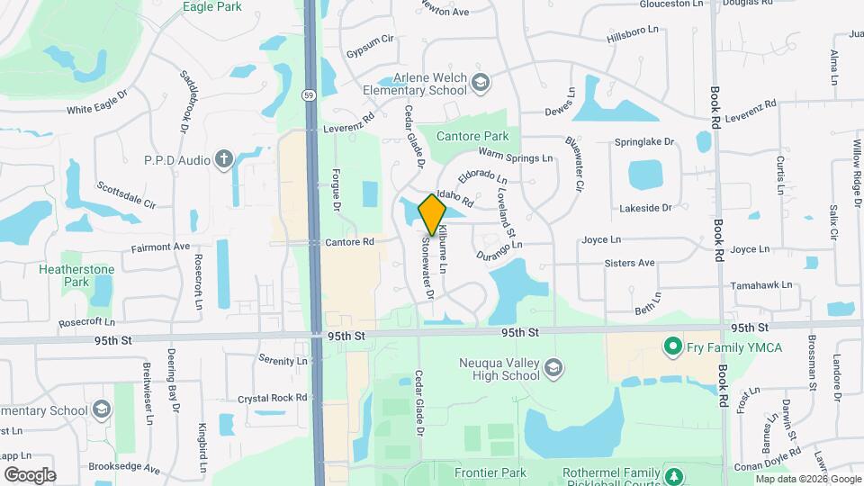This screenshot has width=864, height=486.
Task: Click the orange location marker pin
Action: click(432, 215)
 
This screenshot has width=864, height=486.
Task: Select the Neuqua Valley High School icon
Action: click(554, 367)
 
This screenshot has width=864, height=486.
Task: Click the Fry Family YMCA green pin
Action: click(670, 346)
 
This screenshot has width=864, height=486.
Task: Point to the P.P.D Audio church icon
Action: click(223, 159)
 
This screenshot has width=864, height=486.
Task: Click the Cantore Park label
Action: click(472, 136)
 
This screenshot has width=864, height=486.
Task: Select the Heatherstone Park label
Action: click(64, 275)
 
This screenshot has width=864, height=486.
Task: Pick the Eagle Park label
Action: click(211, 6)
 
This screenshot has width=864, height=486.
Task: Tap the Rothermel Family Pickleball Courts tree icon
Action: click(673, 473)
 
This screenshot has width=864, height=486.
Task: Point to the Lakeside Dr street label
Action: click(645, 208)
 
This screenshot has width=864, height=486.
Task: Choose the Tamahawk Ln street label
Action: click(761, 284)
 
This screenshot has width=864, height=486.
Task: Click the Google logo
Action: click(30, 474)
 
